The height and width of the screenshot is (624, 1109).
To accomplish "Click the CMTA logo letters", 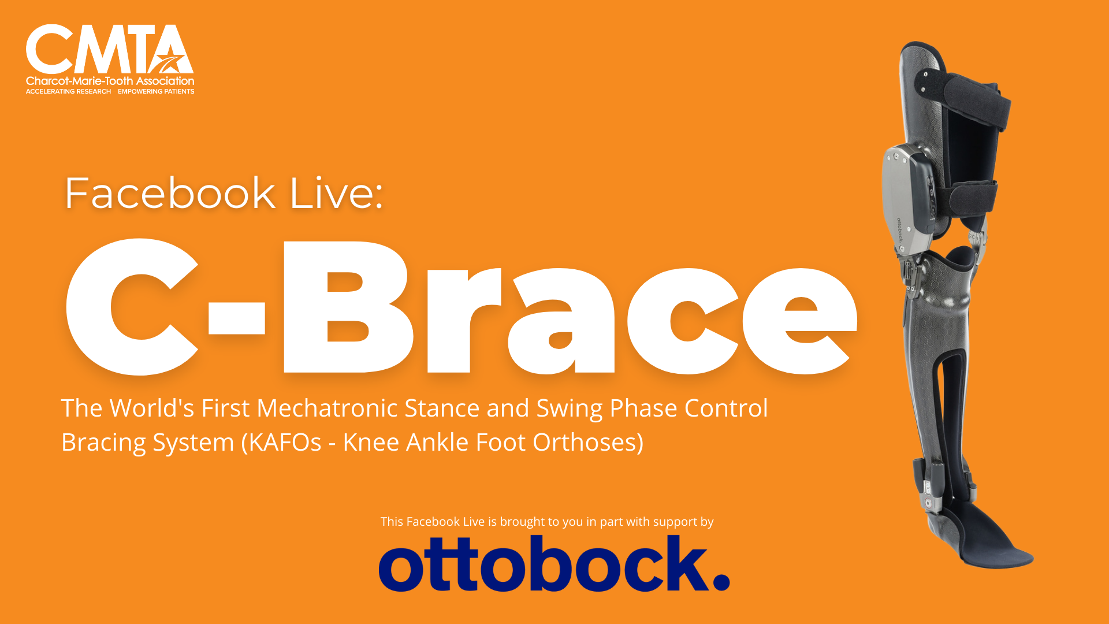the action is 110,49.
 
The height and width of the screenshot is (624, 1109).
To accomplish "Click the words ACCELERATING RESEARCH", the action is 68,91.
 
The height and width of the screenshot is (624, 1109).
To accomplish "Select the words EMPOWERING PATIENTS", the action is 156,91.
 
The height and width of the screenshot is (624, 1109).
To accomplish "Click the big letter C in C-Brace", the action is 132,307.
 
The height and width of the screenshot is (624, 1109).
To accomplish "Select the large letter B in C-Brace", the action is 348,307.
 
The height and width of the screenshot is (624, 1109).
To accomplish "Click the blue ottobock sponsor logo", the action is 554,563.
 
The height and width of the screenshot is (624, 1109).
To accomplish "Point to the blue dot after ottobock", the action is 721,581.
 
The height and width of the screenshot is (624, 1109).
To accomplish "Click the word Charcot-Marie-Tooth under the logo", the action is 79,81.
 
